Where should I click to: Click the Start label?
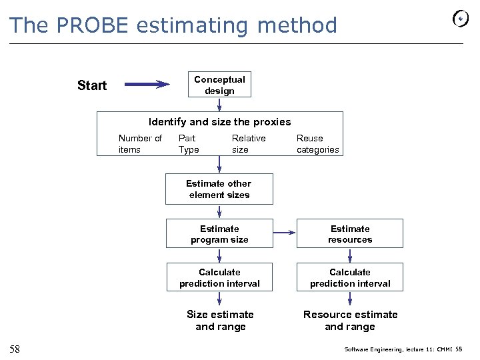pyautogui.click(x=92, y=85)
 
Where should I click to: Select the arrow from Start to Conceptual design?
pyautogui.click(x=147, y=85)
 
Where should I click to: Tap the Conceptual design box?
pyautogui.click(x=219, y=85)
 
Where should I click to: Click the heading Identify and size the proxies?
pyautogui.click(x=219, y=122)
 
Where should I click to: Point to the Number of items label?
pyautogui.click(x=139, y=144)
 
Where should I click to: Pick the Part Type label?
pyautogui.click(x=189, y=144)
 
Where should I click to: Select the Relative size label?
pyautogui.click(x=248, y=144)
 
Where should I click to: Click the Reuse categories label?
pyautogui.click(x=317, y=144)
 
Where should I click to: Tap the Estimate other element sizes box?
pyautogui.click(x=219, y=189)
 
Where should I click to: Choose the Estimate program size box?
pyautogui.click(x=219, y=234)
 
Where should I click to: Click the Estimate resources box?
pyautogui.click(x=350, y=234)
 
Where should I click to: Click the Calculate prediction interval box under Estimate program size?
pyautogui.click(x=219, y=278)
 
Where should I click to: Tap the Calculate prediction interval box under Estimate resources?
pyautogui.click(x=350, y=278)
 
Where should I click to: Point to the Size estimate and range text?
pyautogui.click(x=220, y=321)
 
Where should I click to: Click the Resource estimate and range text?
pyautogui.click(x=350, y=321)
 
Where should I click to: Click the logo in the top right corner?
pyautogui.click(x=461, y=19)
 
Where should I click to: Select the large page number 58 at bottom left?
pyautogui.click(x=15, y=349)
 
